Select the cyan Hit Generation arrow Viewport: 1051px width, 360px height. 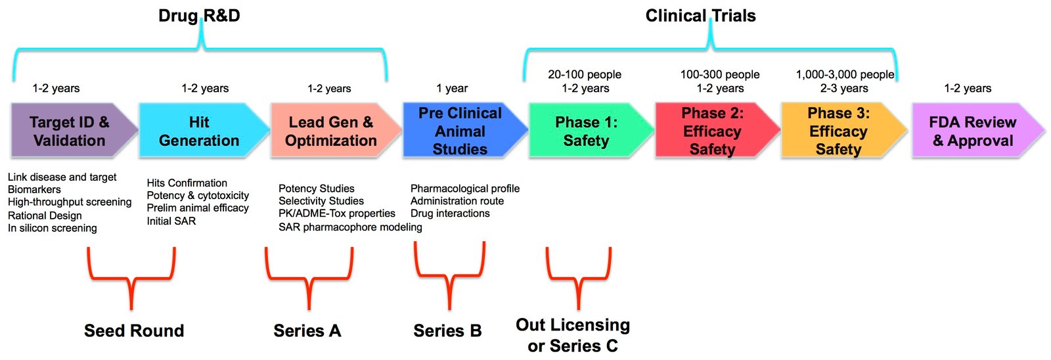pyautogui.click(x=200, y=131)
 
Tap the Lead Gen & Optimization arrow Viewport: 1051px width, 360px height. pyautogui.click(x=331, y=131)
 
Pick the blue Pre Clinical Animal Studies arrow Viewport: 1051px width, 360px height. pyautogui.click(x=460, y=131)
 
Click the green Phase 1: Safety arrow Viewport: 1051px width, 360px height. pyautogui.click(x=587, y=131)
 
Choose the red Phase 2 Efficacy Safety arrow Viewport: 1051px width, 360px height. pyautogui.click(x=713, y=131)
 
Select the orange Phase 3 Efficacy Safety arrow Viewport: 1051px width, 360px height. pyautogui.click(x=839, y=131)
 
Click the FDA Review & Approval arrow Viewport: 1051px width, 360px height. pyautogui.click(x=973, y=131)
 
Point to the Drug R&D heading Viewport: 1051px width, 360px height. pyautogui.click(x=199, y=16)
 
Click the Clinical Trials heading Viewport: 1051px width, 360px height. pyautogui.click(x=700, y=16)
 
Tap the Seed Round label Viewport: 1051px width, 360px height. pyautogui.click(x=134, y=330)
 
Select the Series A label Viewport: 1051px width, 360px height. pyautogui.click(x=307, y=330)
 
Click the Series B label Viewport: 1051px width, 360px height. pyautogui.click(x=447, y=330)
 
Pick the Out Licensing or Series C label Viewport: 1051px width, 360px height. pyautogui.click(x=573, y=335)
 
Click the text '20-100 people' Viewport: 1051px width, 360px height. pyautogui.click(x=585, y=74)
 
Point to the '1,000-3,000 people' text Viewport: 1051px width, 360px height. pyautogui.click(x=845, y=74)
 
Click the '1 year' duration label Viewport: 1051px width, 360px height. pyautogui.click(x=452, y=88)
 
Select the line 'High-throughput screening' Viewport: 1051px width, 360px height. pyautogui.click(x=70, y=202)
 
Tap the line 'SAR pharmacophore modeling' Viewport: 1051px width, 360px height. pyautogui.click(x=350, y=227)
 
